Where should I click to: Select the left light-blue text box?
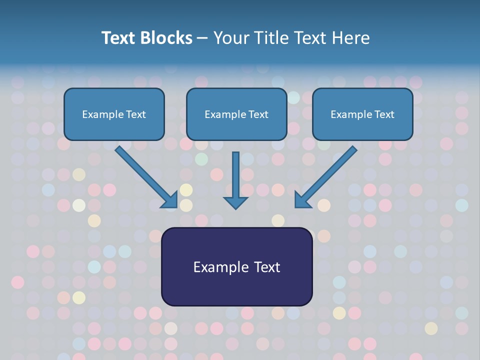click(114, 128)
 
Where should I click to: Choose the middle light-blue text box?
click(236, 128)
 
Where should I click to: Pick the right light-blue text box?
click(362, 128)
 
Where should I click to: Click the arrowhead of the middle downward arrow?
click(236, 202)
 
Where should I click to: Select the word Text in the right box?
click(384, 114)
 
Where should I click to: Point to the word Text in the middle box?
click(258, 114)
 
